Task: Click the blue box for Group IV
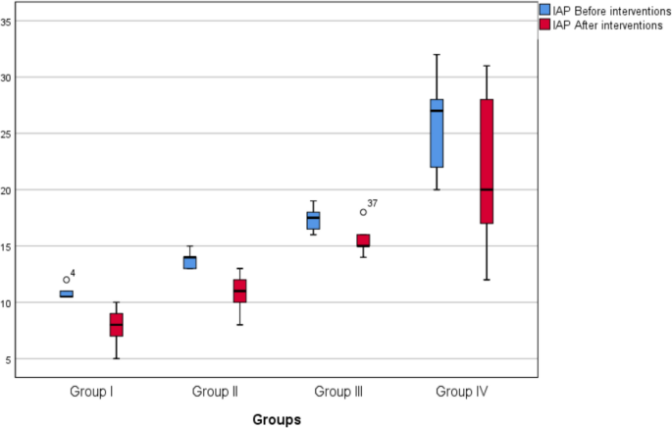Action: [x=436, y=133]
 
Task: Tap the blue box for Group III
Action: [x=313, y=220]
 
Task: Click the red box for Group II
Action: [x=239, y=291]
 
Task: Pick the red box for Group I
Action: [x=116, y=324]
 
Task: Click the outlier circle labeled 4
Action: [x=67, y=280]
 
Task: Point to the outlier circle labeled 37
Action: [x=363, y=212]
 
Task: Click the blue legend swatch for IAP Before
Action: [x=545, y=9]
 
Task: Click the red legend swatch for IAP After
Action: [x=545, y=25]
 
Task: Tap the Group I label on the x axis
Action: [x=91, y=391]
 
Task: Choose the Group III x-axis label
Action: [x=338, y=391]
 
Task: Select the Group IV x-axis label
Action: [x=461, y=391]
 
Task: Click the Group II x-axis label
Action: [x=215, y=391]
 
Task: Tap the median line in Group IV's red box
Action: [x=486, y=189]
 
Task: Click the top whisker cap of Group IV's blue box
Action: [x=436, y=54]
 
